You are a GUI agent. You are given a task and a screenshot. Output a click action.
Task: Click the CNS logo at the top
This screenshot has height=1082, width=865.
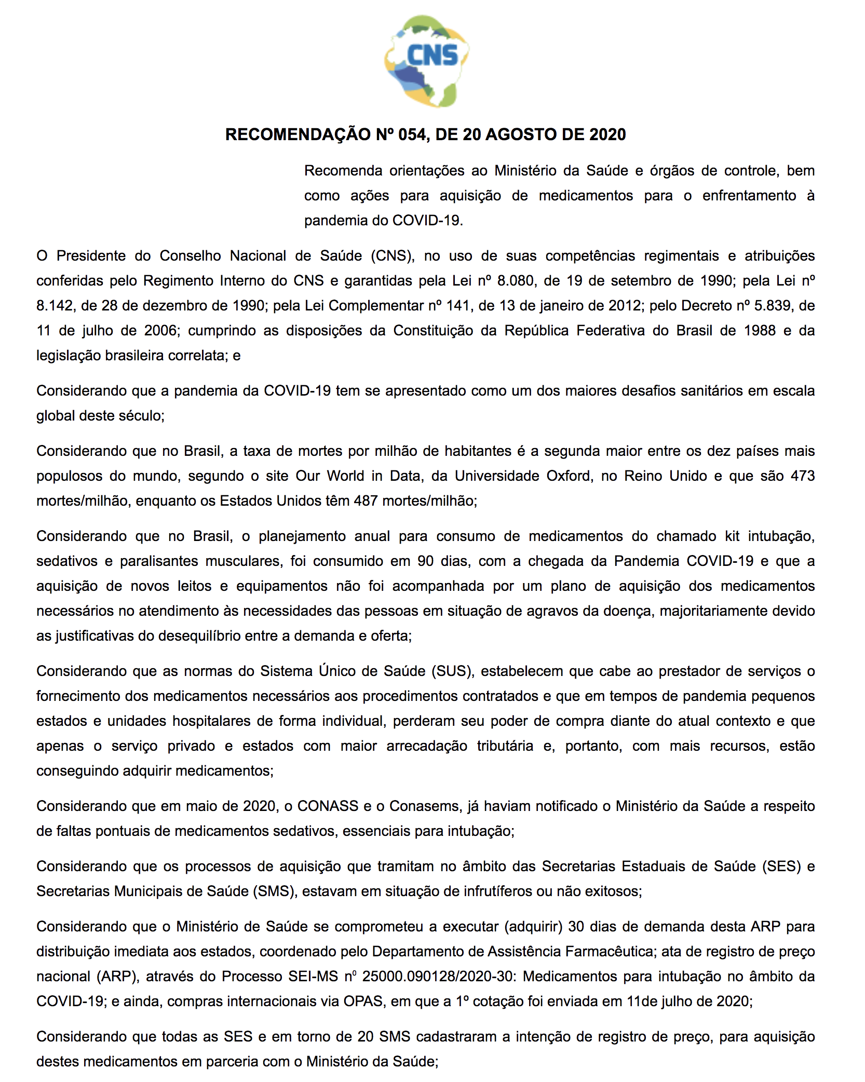[426, 61]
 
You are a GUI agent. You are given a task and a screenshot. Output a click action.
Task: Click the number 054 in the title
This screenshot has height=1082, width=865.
[413, 134]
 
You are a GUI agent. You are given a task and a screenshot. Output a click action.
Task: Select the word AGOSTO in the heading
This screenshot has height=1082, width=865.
[521, 134]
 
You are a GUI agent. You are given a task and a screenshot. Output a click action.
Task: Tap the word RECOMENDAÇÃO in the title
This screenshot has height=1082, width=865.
[298, 134]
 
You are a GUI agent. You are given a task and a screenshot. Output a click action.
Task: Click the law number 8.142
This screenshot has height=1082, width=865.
[55, 306]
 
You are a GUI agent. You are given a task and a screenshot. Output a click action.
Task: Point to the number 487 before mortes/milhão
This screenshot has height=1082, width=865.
[366, 501]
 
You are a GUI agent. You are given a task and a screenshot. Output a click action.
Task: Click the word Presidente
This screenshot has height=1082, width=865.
[91, 256]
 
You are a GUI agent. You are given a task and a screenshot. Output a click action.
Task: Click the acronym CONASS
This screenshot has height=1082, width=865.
[328, 806]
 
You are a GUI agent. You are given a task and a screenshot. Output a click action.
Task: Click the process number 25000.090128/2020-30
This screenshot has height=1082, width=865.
[438, 977]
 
